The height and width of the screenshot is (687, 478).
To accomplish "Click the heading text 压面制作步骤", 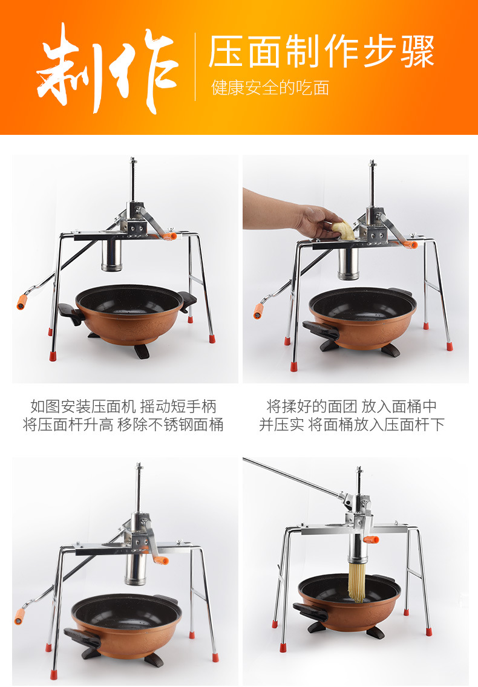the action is [x=321, y=51].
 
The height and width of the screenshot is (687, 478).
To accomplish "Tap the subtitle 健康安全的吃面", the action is [x=270, y=88].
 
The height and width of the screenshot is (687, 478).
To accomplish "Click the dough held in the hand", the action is [x=342, y=230].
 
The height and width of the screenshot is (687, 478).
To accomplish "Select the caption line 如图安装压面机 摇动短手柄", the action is [x=123, y=406].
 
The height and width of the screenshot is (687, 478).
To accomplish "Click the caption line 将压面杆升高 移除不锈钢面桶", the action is [x=123, y=425].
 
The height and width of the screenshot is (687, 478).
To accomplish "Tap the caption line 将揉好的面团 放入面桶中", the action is [x=352, y=406].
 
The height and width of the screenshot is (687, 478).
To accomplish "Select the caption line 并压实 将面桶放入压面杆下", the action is [x=352, y=425].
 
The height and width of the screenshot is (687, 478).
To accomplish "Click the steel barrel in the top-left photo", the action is [x=111, y=255].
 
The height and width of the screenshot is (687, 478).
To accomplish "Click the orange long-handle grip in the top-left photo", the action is [x=22, y=302].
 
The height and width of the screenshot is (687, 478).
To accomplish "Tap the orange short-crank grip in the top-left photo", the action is [x=168, y=236].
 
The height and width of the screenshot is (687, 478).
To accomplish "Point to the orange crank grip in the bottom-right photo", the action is [x=371, y=539].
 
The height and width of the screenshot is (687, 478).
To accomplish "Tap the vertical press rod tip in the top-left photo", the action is [x=133, y=160].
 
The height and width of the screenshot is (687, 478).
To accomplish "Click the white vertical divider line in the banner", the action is [x=195, y=67].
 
